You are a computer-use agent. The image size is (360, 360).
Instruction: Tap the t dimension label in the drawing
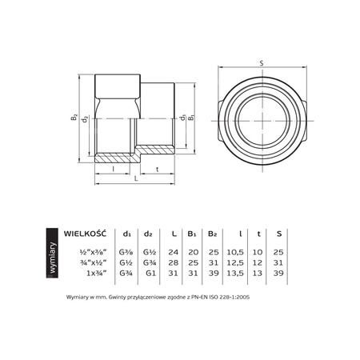[156, 170]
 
